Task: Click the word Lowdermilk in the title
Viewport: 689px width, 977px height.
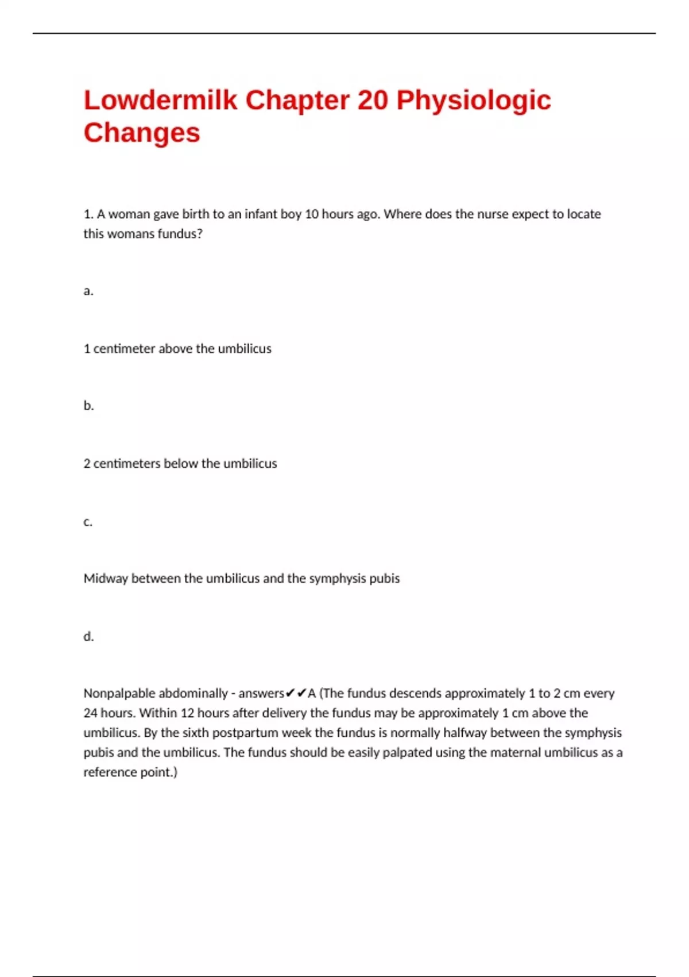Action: pos(160,100)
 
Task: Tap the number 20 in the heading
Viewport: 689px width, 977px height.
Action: pos(373,100)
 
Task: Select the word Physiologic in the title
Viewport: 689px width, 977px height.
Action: pos(474,101)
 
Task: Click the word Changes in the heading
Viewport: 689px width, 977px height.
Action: pos(142,133)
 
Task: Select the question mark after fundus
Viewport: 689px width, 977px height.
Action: pos(199,234)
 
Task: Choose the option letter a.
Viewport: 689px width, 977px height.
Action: pos(88,291)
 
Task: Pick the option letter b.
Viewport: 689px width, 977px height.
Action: pos(88,406)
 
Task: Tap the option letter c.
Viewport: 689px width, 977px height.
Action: pos(88,522)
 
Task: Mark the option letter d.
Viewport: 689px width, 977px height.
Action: pos(88,636)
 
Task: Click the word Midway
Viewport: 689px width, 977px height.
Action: pos(105,579)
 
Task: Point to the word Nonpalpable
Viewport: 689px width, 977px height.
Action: pos(119,694)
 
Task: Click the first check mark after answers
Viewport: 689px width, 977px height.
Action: pos(290,693)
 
